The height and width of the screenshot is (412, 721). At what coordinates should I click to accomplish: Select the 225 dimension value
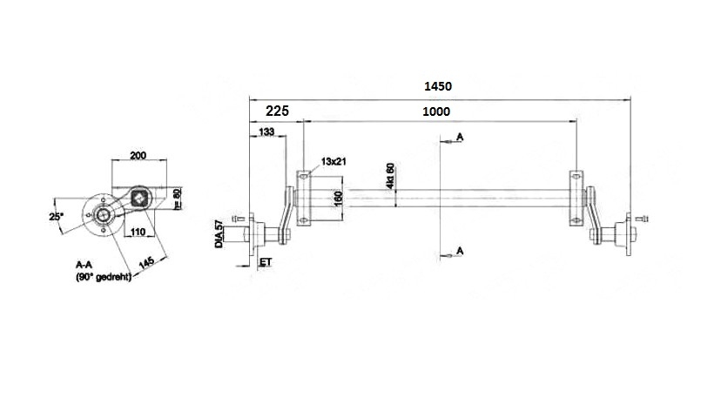(x=277, y=112)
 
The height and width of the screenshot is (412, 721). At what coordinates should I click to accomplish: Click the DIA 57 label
(x=220, y=236)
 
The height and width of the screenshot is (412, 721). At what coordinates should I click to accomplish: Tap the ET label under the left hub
(x=265, y=261)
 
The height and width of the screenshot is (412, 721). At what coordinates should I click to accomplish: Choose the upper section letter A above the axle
(x=459, y=138)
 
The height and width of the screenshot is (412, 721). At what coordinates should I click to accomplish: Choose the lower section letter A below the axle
(x=459, y=252)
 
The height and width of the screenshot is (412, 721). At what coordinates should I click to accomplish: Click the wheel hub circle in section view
(x=103, y=215)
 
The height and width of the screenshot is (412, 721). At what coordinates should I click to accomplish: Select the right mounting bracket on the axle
(x=576, y=197)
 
